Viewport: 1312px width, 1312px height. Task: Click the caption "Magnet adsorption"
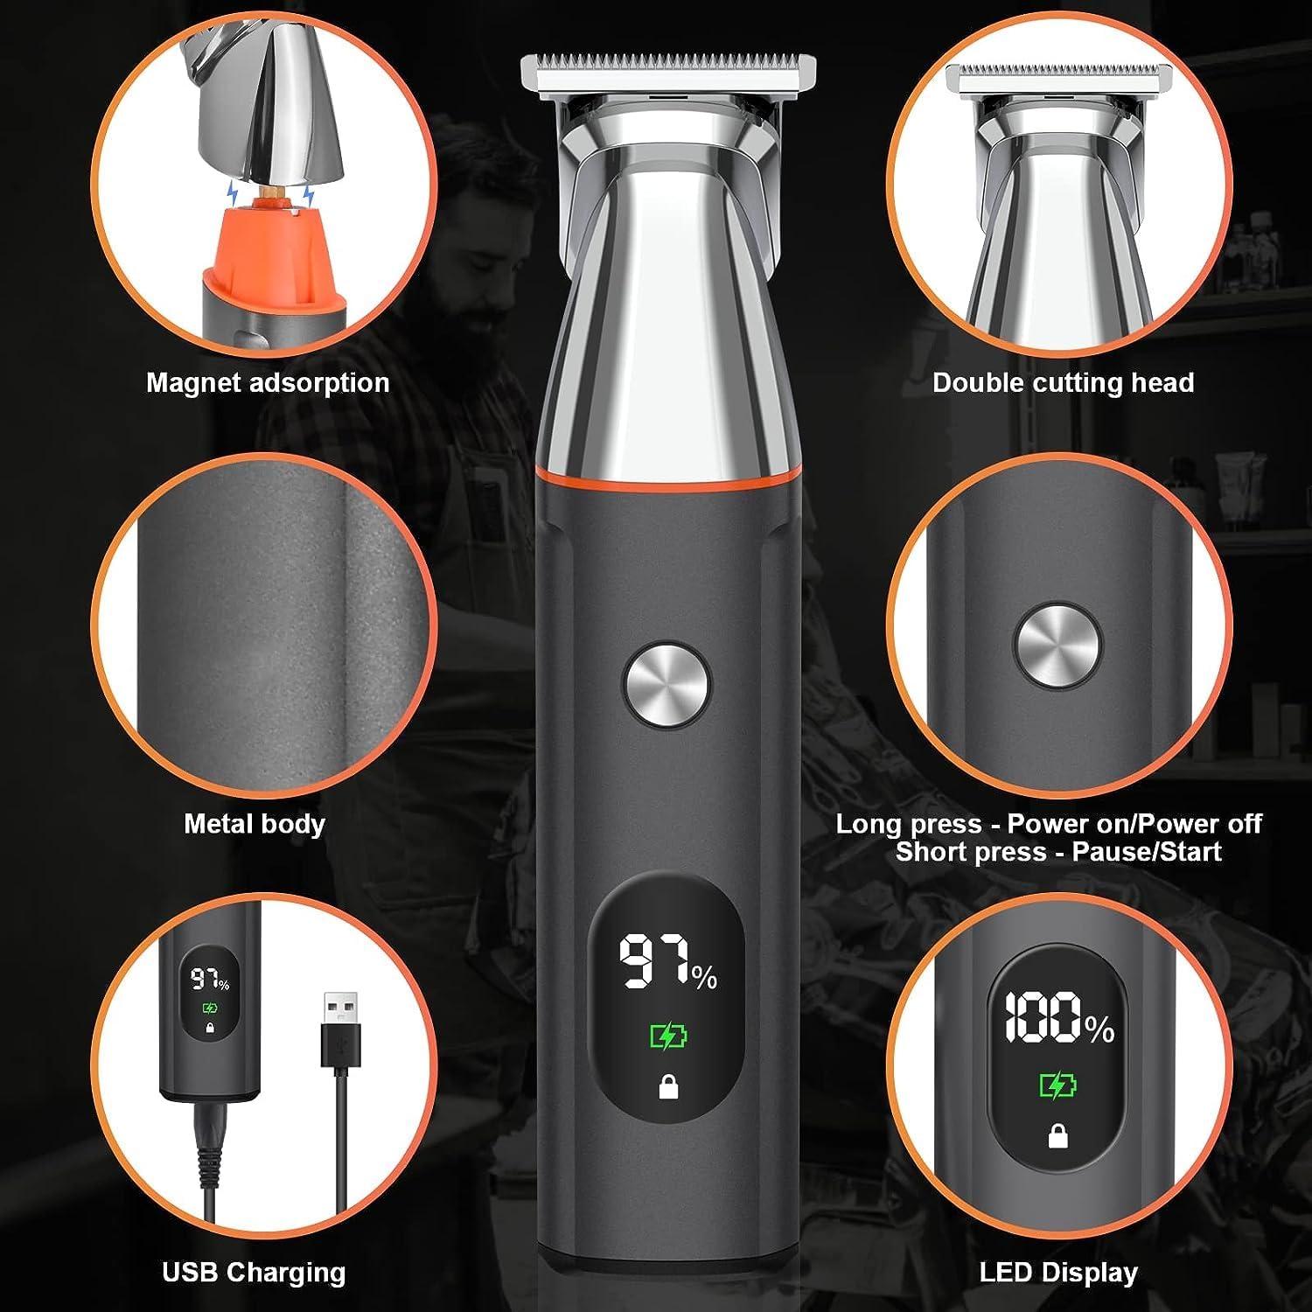268,383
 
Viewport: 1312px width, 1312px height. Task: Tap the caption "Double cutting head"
1063,383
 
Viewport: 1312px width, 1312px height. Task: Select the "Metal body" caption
255,824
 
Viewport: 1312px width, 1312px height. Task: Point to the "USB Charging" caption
254,1273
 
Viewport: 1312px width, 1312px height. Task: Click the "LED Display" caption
1058,1273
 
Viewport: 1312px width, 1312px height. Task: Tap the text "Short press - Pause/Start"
1058,852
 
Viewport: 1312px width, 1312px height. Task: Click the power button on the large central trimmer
666,686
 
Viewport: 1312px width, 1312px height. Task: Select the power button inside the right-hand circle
1057,647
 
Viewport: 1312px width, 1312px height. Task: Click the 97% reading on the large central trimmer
668,962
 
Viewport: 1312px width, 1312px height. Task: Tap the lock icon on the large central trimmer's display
669,1087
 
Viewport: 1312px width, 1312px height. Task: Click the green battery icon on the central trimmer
668,1036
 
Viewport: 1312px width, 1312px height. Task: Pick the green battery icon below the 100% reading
1058,1085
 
